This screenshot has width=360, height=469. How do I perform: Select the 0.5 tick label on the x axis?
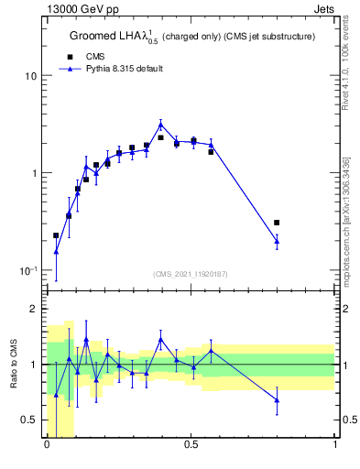[x=191, y=446]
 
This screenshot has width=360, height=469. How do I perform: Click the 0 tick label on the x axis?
[x=47, y=446]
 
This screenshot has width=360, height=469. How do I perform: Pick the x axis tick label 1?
[x=334, y=446]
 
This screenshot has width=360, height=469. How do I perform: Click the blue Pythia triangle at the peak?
[x=160, y=125]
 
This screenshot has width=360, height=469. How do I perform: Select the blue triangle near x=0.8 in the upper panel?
[x=277, y=241]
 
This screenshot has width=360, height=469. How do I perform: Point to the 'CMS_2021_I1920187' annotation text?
[x=191, y=273]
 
